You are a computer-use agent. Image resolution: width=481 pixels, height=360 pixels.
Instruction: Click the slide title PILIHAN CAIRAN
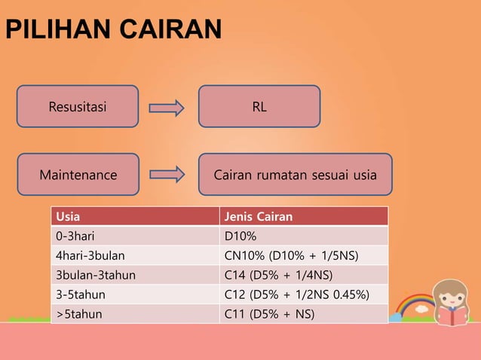(113, 29)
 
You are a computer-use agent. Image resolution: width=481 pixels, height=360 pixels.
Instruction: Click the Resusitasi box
(78, 106)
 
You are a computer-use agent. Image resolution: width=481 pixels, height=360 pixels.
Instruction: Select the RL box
(259, 106)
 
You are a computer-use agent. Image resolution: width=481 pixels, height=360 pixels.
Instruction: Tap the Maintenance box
(78, 175)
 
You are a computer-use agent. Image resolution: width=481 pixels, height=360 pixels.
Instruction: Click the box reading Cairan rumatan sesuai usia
(295, 175)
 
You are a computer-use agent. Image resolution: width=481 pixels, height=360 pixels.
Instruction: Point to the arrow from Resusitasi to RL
(167, 108)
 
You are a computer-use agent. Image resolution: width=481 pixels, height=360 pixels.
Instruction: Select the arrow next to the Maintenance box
(167, 175)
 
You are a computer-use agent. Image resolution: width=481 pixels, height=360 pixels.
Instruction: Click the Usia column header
(135, 217)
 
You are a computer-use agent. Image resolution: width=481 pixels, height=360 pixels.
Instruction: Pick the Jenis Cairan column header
(304, 217)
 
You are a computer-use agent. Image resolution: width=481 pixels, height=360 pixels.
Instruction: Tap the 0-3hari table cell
(135, 236)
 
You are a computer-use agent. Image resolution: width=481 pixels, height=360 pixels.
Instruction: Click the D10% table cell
(304, 236)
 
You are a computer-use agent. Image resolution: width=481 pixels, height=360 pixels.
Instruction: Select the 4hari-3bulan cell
(135, 256)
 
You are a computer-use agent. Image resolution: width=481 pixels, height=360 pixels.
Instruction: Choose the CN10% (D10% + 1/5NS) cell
(304, 256)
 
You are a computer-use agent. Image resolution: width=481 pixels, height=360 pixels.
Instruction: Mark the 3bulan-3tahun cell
(135, 275)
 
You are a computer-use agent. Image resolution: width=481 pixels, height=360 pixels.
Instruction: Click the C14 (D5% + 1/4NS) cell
(304, 275)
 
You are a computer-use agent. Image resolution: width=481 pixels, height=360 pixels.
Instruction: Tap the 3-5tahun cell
(135, 294)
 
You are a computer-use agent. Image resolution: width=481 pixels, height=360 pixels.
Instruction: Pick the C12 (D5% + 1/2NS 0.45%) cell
(304, 294)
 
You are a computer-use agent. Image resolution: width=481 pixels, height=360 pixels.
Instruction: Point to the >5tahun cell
(135, 313)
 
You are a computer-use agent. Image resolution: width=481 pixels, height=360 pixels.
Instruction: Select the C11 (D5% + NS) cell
(304, 313)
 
